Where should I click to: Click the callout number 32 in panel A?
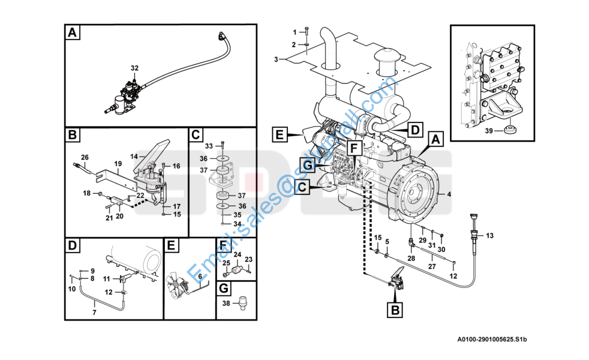pyautogui.click(x=134, y=68)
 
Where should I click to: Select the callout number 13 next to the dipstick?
pyautogui.click(x=489, y=235)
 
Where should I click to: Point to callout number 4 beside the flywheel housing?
pyautogui.click(x=449, y=194)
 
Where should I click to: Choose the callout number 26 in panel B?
pyautogui.click(x=85, y=158)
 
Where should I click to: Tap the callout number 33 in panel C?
pyautogui.click(x=209, y=146)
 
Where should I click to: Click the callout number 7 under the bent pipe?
pyautogui.click(x=94, y=313)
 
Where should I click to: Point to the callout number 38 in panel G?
pyautogui.click(x=226, y=304)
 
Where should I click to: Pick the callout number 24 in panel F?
pyautogui.click(x=238, y=254)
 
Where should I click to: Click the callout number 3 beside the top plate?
pyautogui.click(x=276, y=59)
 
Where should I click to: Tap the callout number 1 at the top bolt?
pyautogui.click(x=294, y=31)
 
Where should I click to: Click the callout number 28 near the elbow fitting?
pyautogui.click(x=411, y=258)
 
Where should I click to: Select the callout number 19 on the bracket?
pyautogui.click(x=118, y=164)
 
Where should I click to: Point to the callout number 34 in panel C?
pyautogui.click(x=221, y=224)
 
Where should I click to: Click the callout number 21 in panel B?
pyautogui.click(x=109, y=218)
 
